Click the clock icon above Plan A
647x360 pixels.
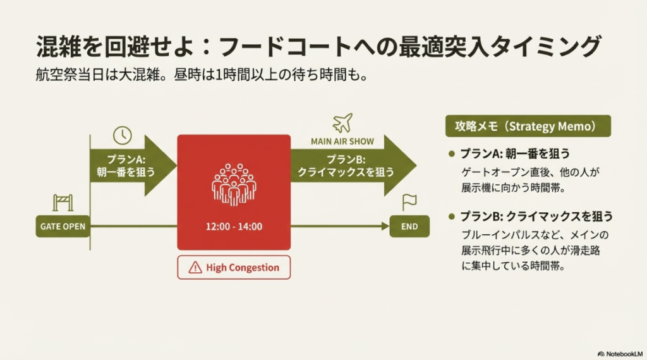(x=123, y=135)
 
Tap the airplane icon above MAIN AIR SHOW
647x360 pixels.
(x=342, y=123)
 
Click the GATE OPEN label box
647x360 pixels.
(x=62, y=226)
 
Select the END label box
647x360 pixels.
(x=409, y=226)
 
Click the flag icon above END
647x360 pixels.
(x=409, y=202)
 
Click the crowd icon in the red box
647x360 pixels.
(x=234, y=183)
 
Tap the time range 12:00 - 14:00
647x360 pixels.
(x=234, y=226)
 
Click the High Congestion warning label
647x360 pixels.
(x=234, y=267)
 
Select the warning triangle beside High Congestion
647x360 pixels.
(x=195, y=267)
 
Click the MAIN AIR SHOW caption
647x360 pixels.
(x=342, y=141)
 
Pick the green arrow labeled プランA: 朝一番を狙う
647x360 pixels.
(x=130, y=165)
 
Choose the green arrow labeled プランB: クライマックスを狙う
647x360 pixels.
(x=351, y=165)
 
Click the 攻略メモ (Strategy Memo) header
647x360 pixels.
(x=528, y=126)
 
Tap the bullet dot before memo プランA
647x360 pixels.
(x=451, y=154)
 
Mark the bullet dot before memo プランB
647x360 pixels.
(x=451, y=217)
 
